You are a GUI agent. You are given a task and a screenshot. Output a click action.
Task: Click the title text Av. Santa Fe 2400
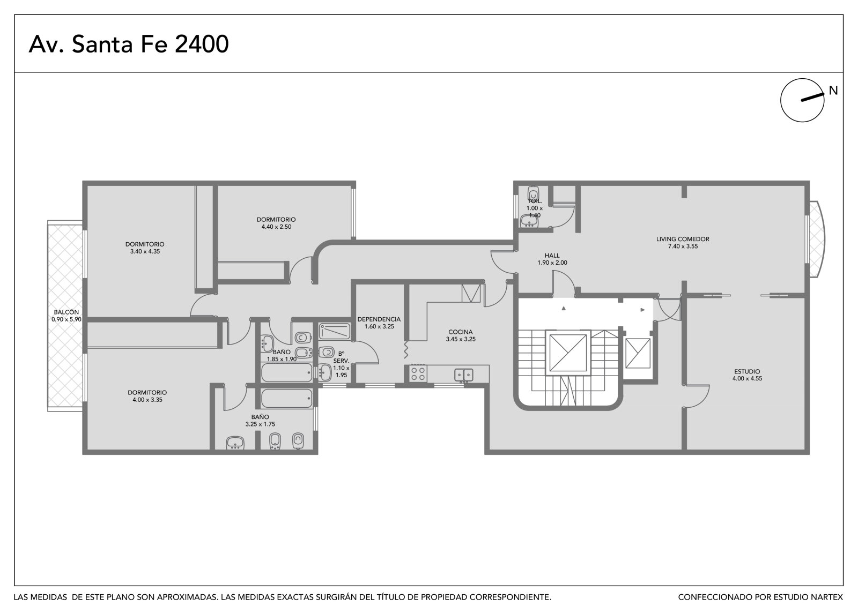(x=129, y=44)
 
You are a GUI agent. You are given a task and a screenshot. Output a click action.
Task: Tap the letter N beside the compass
(x=833, y=91)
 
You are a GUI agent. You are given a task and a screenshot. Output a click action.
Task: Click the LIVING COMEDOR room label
(x=683, y=240)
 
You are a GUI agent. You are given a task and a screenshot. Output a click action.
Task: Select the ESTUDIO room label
(x=747, y=371)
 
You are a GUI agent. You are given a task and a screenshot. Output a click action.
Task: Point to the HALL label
(x=552, y=256)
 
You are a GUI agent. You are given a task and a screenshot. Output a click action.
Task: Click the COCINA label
(x=461, y=332)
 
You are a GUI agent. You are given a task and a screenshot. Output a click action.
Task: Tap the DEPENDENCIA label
(x=379, y=319)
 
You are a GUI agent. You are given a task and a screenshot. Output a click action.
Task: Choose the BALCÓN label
(x=66, y=312)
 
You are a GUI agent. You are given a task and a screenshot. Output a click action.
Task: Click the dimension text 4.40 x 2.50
(x=276, y=227)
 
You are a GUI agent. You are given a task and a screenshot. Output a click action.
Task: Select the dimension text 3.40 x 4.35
(x=145, y=251)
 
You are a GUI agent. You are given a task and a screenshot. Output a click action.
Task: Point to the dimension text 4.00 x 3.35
(x=147, y=400)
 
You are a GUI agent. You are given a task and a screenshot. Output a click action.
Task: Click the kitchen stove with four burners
(x=418, y=373)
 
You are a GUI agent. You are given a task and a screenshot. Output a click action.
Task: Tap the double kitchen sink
(x=463, y=375)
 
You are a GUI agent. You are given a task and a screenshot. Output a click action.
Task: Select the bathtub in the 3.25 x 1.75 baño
(x=286, y=399)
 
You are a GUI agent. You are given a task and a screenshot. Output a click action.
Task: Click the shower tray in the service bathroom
(x=335, y=332)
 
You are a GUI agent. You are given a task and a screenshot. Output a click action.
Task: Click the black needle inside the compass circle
(x=812, y=97)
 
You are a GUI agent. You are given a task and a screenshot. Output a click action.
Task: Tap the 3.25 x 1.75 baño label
(x=260, y=420)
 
